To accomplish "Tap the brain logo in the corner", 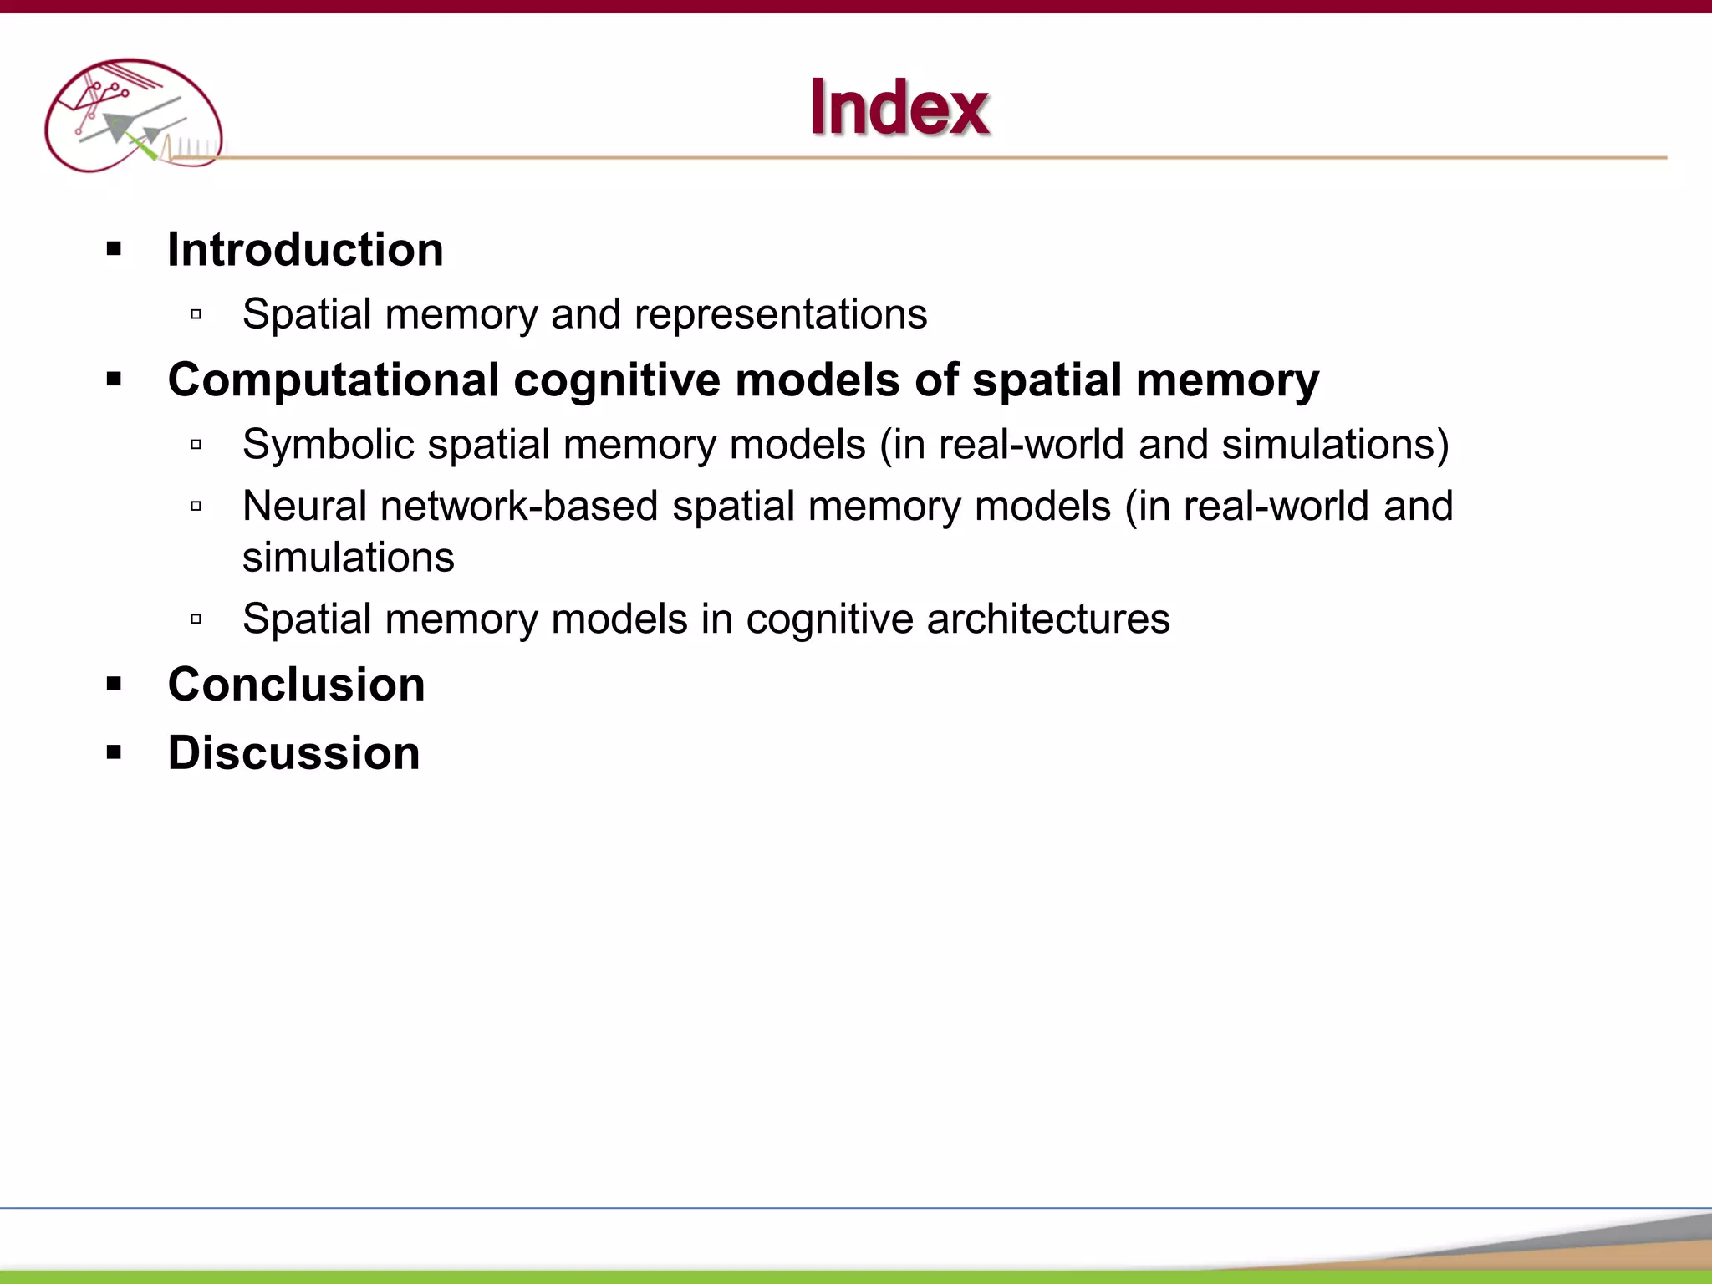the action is point(134,115).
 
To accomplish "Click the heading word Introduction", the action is point(305,249).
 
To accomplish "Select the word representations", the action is point(781,315).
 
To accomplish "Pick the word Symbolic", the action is point(328,445).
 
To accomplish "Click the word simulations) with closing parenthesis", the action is point(1335,445).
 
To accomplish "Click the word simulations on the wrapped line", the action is point(348,558).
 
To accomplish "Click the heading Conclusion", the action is point(296,685).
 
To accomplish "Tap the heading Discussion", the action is point(293,752).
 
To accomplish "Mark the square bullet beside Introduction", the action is point(115,249).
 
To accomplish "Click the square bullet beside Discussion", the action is point(115,752).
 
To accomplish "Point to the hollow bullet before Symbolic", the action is point(196,445).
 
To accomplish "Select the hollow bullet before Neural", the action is point(196,506).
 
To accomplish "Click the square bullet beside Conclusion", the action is point(115,685).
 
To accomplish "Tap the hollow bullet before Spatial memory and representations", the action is point(196,314).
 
